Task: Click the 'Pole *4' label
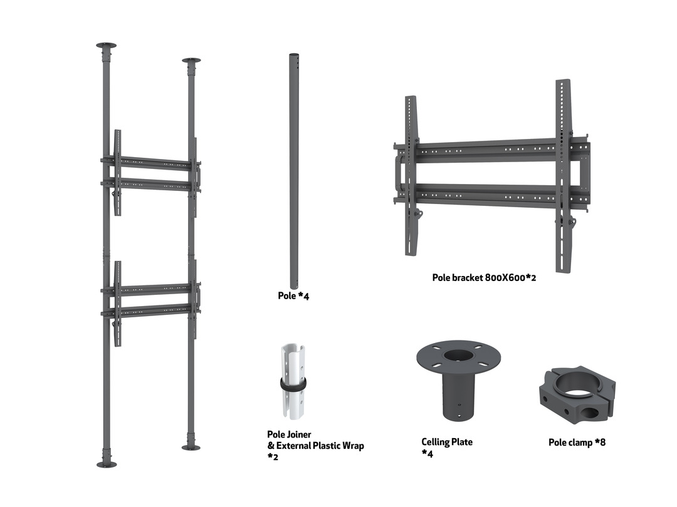coord(293,295)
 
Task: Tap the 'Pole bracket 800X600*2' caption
coord(484,278)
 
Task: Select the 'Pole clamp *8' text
coord(577,443)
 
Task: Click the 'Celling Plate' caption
coord(447,442)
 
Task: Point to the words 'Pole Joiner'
coord(289,434)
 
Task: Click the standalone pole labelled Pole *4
coord(294,171)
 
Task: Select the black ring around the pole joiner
coord(293,384)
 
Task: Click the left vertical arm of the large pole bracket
coord(411,175)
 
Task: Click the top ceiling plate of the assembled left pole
coord(106,45)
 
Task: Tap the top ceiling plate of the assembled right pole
coord(191,60)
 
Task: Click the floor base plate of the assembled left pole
coord(107,464)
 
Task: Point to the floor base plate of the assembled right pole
coord(191,448)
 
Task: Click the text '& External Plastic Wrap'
coord(315,446)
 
